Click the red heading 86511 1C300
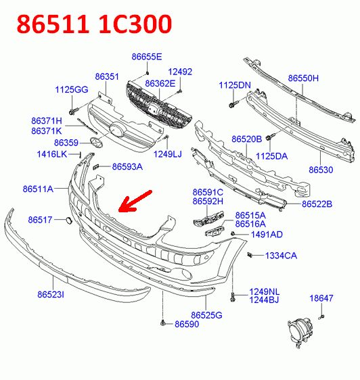(94, 24)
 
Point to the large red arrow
(135, 201)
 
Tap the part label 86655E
(147, 57)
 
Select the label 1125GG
(72, 89)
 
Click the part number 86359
(66, 143)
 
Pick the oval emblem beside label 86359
(96, 143)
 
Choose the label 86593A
(127, 167)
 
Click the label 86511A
(38, 189)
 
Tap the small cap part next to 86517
(68, 220)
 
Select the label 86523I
(51, 294)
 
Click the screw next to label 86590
(163, 323)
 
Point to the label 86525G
(206, 315)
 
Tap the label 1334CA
(281, 256)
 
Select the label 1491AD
(267, 235)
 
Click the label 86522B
(317, 204)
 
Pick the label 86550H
(303, 78)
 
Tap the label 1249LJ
(168, 154)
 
